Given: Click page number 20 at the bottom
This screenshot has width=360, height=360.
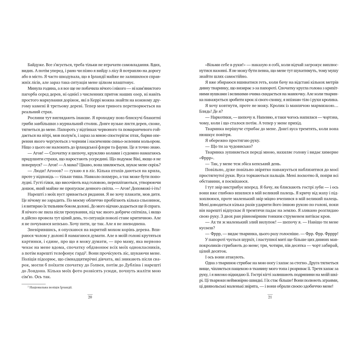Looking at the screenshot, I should click(90, 297).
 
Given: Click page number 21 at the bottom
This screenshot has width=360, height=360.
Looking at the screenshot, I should click(270, 297).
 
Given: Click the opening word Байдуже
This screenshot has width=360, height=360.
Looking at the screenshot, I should click(35, 66).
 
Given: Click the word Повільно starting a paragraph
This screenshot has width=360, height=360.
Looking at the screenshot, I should click(213, 170).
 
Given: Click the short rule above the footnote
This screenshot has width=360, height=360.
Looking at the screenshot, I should click(33, 283).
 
